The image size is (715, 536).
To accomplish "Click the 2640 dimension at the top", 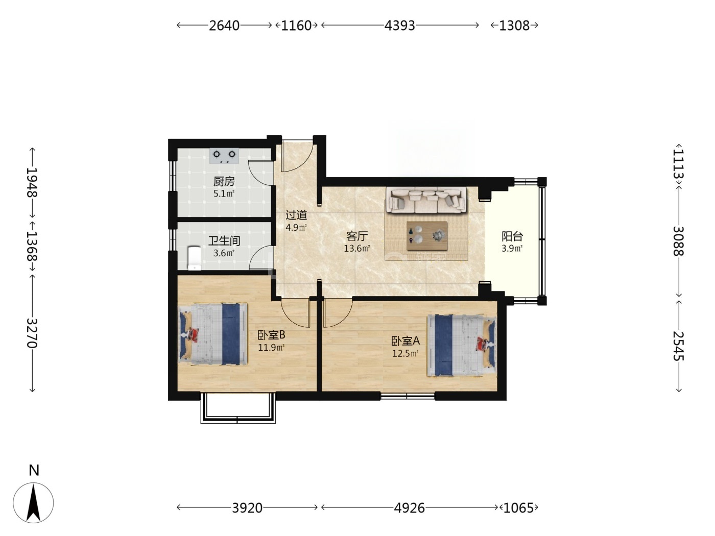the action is [x=224, y=26].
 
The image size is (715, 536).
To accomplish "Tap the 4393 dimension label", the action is [x=400, y=26].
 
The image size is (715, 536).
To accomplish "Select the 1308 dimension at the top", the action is [x=514, y=26].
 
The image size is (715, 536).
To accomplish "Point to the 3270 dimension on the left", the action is [x=32, y=333].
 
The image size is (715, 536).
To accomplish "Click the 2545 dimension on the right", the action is [x=679, y=346].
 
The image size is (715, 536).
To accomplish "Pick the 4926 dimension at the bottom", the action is [x=410, y=507].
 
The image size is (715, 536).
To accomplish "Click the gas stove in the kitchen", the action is [x=224, y=156].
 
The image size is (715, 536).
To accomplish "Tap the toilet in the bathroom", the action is [x=195, y=258].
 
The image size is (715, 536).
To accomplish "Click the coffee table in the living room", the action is [x=427, y=236].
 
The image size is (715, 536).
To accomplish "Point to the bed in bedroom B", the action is [x=213, y=334].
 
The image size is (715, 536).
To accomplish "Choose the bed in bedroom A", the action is [x=462, y=345].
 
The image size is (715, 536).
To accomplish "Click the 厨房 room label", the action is [x=224, y=181].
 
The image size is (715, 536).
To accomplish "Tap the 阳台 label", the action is [x=512, y=236].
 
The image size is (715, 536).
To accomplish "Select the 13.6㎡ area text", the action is [x=356, y=249].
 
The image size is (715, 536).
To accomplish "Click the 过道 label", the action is [x=296, y=215].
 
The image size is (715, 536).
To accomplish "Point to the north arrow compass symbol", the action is [x=33, y=503].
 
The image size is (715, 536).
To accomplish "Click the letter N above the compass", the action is [x=34, y=470].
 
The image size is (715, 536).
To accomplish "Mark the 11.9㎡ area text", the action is [x=271, y=348].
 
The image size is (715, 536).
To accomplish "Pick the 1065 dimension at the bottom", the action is [x=518, y=507].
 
